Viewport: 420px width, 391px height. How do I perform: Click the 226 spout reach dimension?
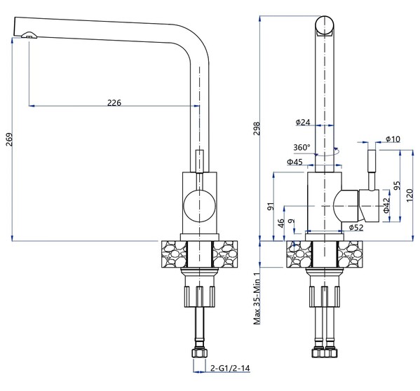coord(114,102)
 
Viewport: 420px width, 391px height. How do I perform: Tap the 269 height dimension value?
coord(9,139)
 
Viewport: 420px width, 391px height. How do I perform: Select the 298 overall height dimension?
coord(257,129)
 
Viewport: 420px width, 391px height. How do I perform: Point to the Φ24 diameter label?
coord(303,123)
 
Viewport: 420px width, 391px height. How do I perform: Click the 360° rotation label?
coord(302,147)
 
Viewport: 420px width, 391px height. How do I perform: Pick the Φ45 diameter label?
coord(294,162)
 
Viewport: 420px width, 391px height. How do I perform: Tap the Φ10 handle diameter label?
coord(393,139)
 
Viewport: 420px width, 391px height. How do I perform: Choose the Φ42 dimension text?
coord(386,205)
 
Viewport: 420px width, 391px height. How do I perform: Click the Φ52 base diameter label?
coord(356,228)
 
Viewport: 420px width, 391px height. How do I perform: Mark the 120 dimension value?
coord(409,195)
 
